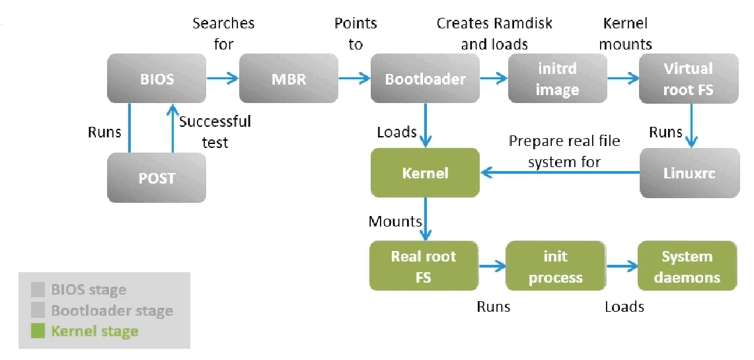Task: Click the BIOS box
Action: pyautogui.click(x=157, y=79)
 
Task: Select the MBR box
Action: pyautogui.click(x=288, y=79)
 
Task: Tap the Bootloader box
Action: pyautogui.click(x=425, y=79)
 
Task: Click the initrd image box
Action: pyautogui.click(x=557, y=79)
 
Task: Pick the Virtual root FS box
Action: pyautogui.click(x=688, y=79)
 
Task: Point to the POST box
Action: pyautogui.click(x=157, y=178)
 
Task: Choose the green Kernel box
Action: pyautogui.click(x=425, y=173)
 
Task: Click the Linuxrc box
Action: pyautogui.click(x=688, y=173)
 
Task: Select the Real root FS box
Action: pyautogui.click(x=424, y=266)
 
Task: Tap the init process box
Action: pyautogui.click(x=555, y=266)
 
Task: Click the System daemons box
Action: pyautogui.click(x=687, y=266)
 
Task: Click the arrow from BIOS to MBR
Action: pyautogui.click(x=223, y=79)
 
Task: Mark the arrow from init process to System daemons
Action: pyautogui.click(x=621, y=266)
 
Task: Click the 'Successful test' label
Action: pyautogui.click(x=215, y=131)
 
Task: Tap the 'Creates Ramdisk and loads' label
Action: pyautogui.click(x=494, y=34)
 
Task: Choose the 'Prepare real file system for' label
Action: pyautogui.click(x=564, y=151)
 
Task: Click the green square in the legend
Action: pyautogui.click(x=38, y=331)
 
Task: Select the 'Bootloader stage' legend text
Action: pyautogui.click(x=112, y=310)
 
